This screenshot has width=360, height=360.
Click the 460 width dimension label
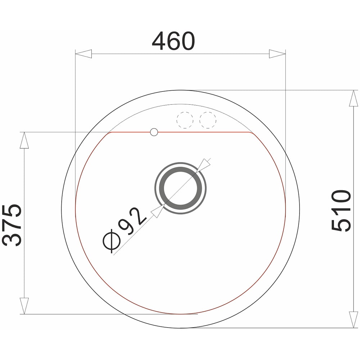[x=174, y=41]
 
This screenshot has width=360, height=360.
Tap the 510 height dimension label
[x=341, y=210]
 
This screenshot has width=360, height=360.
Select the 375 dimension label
[x=12, y=225]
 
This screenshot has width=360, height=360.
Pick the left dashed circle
[x=185, y=120]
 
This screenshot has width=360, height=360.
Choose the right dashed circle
[x=208, y=120]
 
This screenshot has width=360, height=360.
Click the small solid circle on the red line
[x=154, y=132]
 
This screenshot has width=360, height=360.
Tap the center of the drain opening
[x=180, y=188]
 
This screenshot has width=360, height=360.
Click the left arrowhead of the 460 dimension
[x=84, y=54]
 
